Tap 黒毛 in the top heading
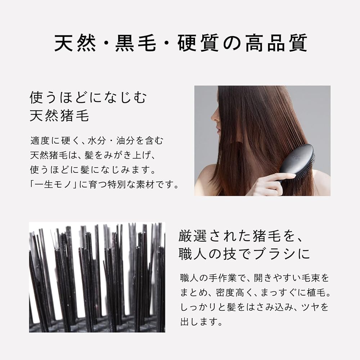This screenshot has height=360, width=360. (135, 43)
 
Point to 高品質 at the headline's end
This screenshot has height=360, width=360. (276, 43)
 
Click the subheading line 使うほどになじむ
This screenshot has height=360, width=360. (88, 97)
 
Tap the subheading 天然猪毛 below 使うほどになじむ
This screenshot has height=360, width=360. (59, 115)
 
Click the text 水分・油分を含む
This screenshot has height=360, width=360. (125, 141)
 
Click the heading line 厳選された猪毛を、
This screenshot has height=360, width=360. (241, 236)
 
